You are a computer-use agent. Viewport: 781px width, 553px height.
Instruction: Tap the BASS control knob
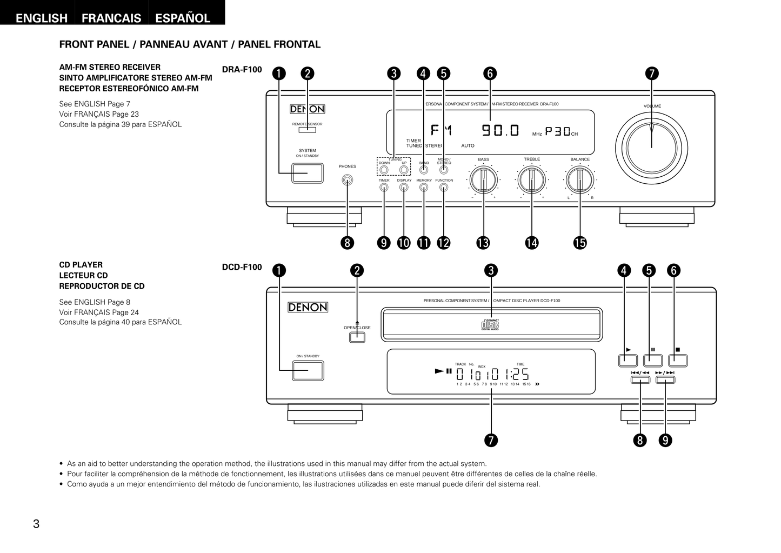pyautogui.click(x=483, y=180)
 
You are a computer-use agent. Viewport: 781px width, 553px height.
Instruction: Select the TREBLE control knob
pyautogui.click(x=532, y=180)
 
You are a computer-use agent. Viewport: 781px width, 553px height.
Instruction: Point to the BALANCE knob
pyautogui.click(x=579, y=180)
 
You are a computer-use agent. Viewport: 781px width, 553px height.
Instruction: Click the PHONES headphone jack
pyautogui.click(x=348, y=181)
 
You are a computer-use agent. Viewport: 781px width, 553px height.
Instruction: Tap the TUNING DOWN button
pyautogui.click(x=384, y=170)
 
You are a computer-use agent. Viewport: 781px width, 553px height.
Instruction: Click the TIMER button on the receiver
pyautogui.click(x=384, y=188)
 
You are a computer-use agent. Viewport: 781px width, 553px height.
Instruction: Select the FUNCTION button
pyautogui.click(x=444, y=188)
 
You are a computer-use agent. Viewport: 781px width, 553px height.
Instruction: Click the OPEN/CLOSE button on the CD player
pyautogui.click(x=357, y=337)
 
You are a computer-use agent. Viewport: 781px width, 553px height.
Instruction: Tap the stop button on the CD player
pyautogui.click(x=678, y=361)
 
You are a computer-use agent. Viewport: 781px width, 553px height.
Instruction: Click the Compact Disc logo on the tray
pyautogui.click(x=490, y=325)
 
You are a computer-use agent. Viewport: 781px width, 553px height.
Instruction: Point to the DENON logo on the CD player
pyautogui.click(x=308, y=308)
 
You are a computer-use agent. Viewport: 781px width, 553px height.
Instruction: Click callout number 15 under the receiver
pyautogui.click(x=580, y=243)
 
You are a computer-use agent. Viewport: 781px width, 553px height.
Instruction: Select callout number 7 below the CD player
pyautogui.click(x=491, y=441)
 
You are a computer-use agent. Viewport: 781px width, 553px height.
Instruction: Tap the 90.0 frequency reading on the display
pyautogui.click(x=500, y=130)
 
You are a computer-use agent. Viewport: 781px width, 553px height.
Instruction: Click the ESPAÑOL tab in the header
pyautogui.click(x=183, y=18)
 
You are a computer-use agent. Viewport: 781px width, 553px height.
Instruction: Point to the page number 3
pyautogui.click(x=36, y=524)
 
